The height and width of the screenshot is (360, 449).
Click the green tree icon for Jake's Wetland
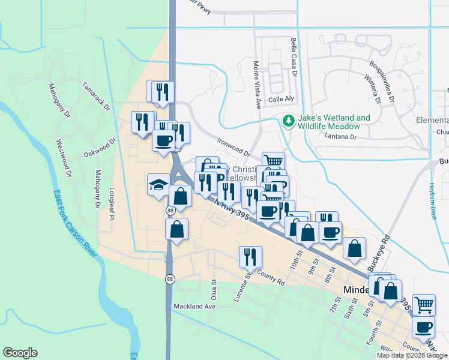click(x=289, y=121)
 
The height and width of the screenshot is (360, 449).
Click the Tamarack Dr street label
click(x=98, y=97)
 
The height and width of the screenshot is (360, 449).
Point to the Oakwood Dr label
click(x=99, y=149)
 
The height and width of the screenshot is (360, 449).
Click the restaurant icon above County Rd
click(x=250, y=256)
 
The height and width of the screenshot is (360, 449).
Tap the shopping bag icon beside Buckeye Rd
click(x=355, y=247)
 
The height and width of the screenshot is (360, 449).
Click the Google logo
click(x=20, y=353)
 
